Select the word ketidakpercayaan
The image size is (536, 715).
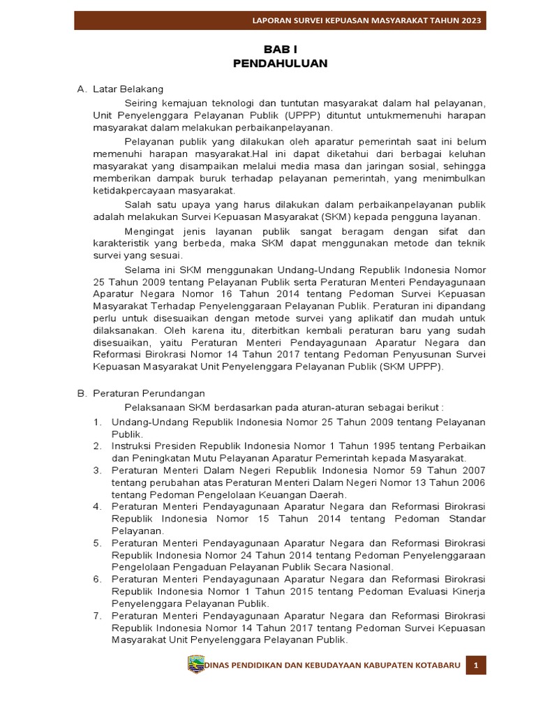click(129, 191)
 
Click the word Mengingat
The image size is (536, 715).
click(149, 230)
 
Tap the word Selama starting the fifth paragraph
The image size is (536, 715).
click(140, 269)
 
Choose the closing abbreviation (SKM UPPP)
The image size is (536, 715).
click(411, 366)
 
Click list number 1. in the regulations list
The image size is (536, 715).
click(98, 422)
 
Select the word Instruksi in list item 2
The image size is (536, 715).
click(132, 445)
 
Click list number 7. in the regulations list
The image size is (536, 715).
click(98, 616)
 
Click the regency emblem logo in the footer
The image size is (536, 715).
click(196, 665)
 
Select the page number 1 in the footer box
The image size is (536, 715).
click(475, 665)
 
